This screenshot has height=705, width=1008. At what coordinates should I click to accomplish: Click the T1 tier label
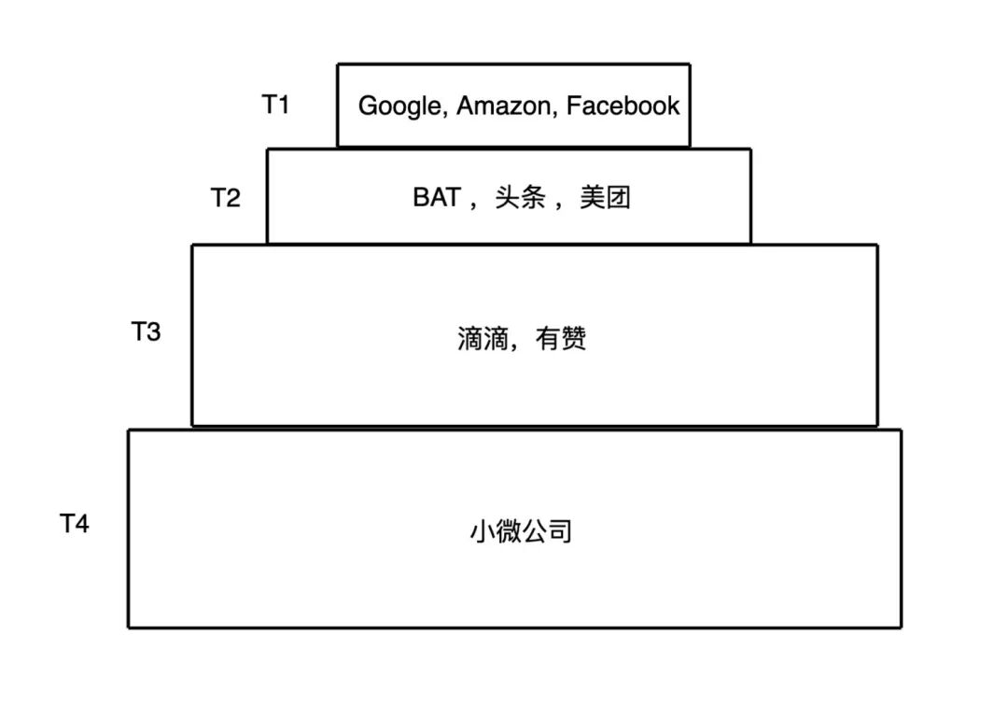pyautogui.click(x=275, y=105)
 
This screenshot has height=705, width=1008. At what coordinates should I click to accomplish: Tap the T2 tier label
pyautogui.click(x=225, y=198)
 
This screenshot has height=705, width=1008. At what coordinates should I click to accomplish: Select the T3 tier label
pyautogui.click(x=147, y=331)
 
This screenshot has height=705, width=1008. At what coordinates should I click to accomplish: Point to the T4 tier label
pyautogui.click(x=75, y=524)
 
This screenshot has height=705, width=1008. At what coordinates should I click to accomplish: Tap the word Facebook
pyautogui.click(x=623, y=106)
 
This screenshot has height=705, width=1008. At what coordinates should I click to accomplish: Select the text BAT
pyautogui.click(x=437, y=198)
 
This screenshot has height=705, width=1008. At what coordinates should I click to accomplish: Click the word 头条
pyautogui.click(x=520, y=198)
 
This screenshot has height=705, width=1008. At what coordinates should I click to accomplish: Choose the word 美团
pyautogui.click(x=605, y=198)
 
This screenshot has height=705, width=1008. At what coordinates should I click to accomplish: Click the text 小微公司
pyautogui.click(x=520, y=532)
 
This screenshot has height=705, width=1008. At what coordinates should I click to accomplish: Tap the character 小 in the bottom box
pyautogui.click(x=482, y=532)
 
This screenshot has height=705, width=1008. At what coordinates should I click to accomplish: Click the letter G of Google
pyautogui.click(x=368, y=106)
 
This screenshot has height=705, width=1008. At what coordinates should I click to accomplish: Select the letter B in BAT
pyautogui.click(x=422, y=198)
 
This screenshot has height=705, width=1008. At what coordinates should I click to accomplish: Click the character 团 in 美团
pyautogui.click(x=618, y=198)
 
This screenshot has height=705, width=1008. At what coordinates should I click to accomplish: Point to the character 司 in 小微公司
pyautogui.click(x=558, y=532)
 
